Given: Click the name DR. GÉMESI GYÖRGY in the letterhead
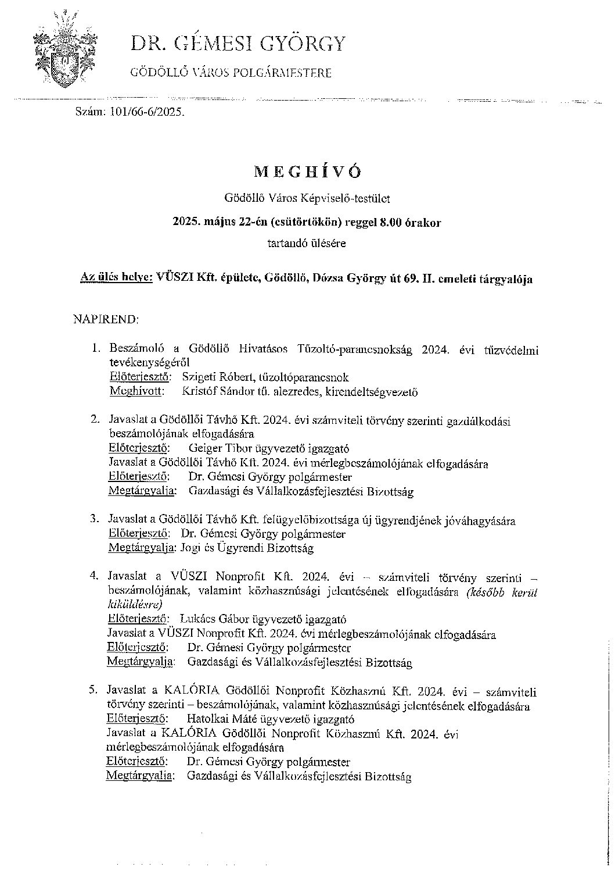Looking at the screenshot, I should (238, 44).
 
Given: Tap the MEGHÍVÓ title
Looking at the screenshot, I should (308, 172).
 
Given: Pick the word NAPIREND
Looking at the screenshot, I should (106, 319).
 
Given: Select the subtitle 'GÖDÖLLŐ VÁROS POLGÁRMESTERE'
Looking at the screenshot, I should (231, 73).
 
